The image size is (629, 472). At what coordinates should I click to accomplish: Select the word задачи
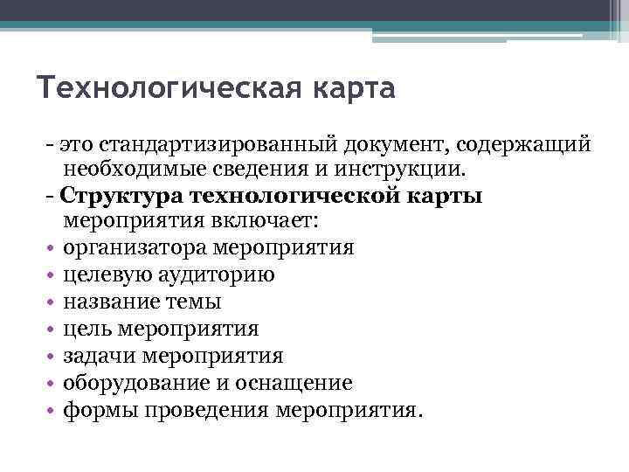tap(94, 356)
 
